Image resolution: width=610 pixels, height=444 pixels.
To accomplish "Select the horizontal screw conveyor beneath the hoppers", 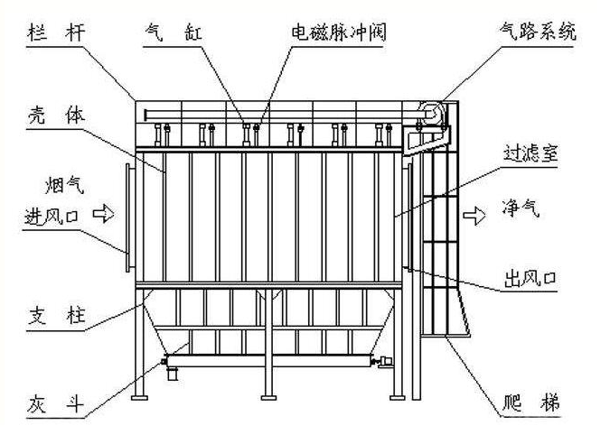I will [x=271, y=363].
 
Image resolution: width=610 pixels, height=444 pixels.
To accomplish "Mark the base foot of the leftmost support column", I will [x=138, y=398].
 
